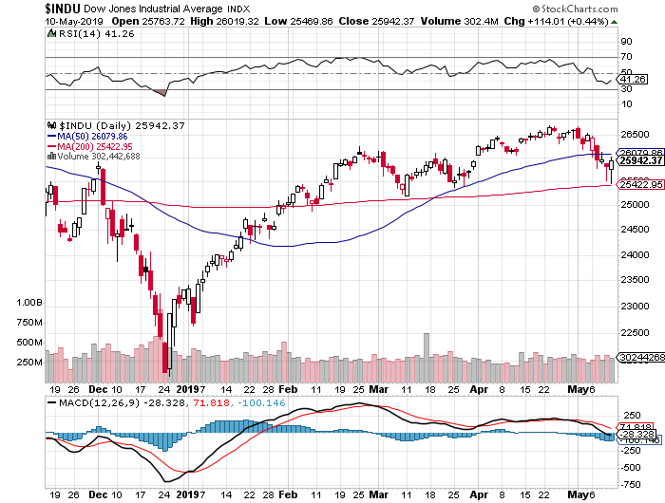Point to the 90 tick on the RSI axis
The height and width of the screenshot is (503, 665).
coord(628,42)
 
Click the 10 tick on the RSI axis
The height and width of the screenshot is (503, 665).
coord(628,105)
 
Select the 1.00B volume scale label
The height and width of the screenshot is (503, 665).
coord(30,302)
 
